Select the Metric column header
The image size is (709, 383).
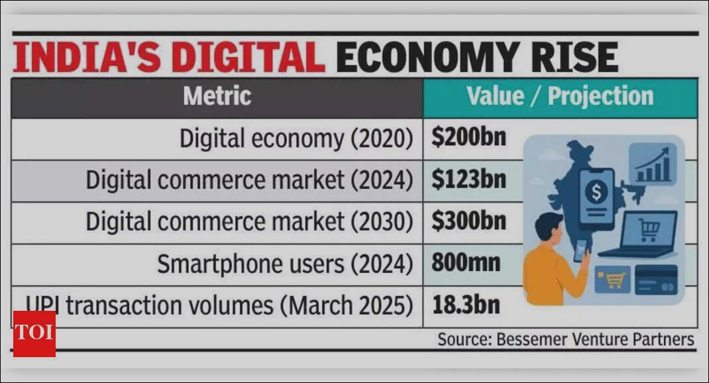point(217,97)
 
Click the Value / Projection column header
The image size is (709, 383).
point(560,97)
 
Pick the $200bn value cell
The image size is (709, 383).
point(468,138)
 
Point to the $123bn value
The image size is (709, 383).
point(468,180)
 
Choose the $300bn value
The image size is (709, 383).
point(468,221)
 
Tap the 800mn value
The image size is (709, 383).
point(466,263)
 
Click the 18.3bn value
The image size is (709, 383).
point(466,305)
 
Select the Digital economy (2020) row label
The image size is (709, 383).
point(296,138)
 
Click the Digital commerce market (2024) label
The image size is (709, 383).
point(249,180)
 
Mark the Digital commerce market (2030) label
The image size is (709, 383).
point(249,222)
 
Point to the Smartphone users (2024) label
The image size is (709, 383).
point(285,264)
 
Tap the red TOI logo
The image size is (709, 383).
point(34,333)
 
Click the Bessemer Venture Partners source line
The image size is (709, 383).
point(565,340)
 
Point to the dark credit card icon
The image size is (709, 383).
point(655,279)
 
